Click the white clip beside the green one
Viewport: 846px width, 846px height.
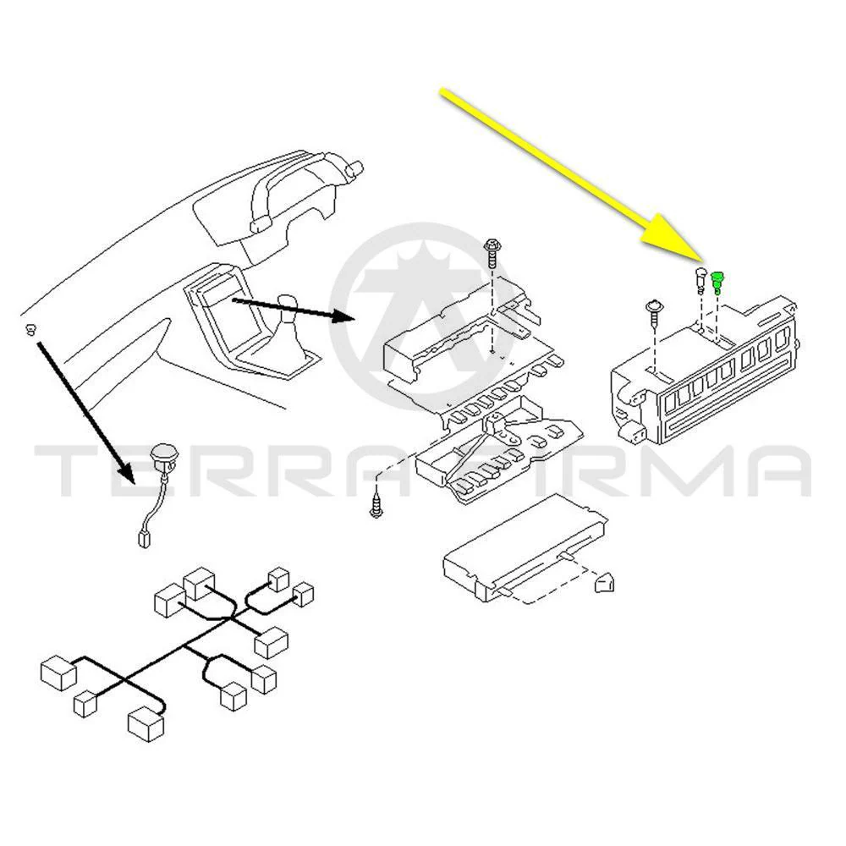click(x=700, y=279)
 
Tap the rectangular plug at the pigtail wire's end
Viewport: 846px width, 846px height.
click(x=144, y=538)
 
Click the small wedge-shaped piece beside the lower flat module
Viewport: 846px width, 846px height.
click(x=604, y=583)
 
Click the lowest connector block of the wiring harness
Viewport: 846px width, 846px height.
click(x=146, y=723)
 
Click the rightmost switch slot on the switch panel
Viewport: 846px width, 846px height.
click(x=782, y=340)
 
